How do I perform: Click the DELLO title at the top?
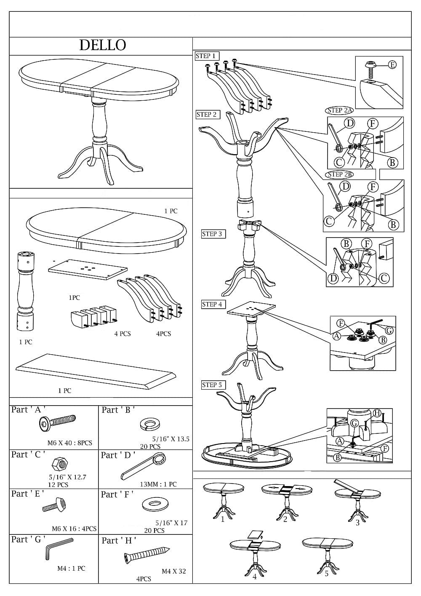point(103,45)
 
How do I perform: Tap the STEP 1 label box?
point(206,56)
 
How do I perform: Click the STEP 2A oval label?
point(339,110)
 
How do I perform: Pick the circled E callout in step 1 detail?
point(392,64)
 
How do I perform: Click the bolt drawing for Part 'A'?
point(58,422)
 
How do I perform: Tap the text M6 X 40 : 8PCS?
point(69,443)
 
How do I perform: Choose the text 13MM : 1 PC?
point(158,484)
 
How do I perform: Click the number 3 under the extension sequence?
point(357,523)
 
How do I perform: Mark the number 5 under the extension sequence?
point(326,573)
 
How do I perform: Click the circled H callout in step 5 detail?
point(377,413)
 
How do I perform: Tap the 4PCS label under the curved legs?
point(163,334)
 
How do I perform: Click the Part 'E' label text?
point(28,494)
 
